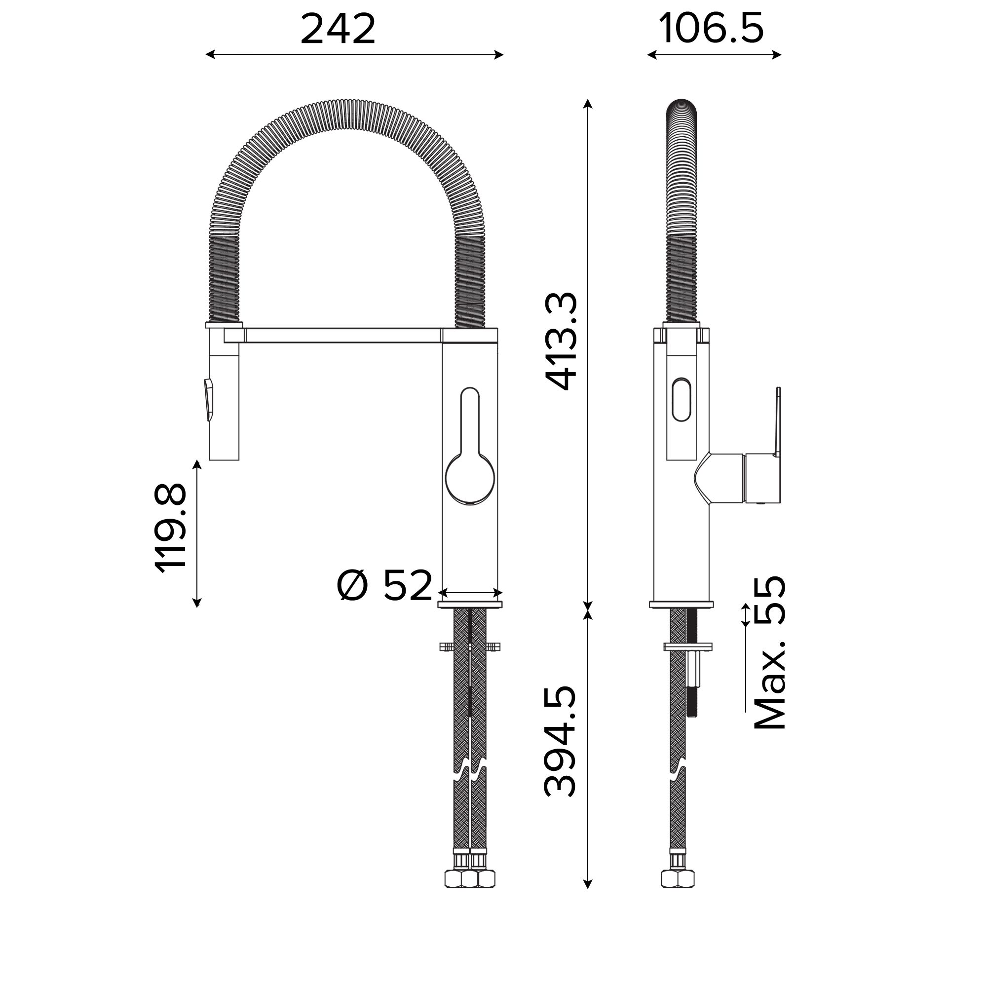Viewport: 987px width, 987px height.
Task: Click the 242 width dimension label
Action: click(x=338, y=29)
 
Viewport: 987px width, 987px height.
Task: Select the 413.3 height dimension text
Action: click(x=562, y=342)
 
